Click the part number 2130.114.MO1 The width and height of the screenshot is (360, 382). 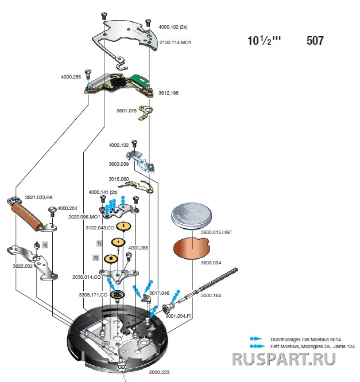pyautogui.click(x=175, y=42)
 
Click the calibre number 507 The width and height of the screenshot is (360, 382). pyautogui.click(x=315, y=41)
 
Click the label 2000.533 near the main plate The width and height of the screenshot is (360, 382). pyautogui.click(x=159, y=372)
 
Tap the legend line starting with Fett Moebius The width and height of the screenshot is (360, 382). pyautogui.click(x=307, y=346)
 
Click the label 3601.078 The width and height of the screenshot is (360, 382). pyautogui.click(x=126, y=111)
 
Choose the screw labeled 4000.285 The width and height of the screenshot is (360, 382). pyautogui.click(x=88, y=74)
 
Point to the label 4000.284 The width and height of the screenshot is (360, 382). pyautogui.click(x=67, y=208)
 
